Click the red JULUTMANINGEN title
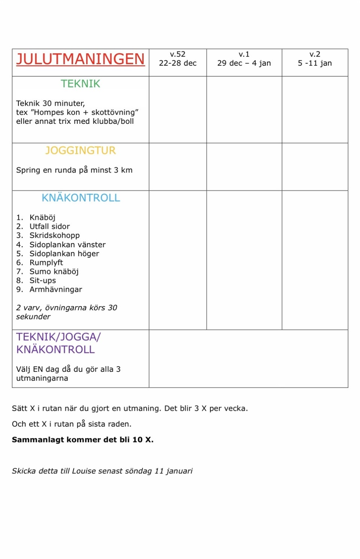tap(80, 59)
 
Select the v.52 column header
tap(177, 54)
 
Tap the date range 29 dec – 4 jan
tap(244, 63)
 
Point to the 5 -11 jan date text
tap(315, 63)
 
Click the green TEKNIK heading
tap(80, 84)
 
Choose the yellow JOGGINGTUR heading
tap(80, 151)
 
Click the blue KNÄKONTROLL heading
tap(81, 198)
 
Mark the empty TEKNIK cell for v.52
tap(177, 109)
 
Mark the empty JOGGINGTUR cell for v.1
tap(244, 167)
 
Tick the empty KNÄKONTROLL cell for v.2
tap(315, 260)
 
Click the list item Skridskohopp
tap(54, 236)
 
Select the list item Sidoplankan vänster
tap(67, 245)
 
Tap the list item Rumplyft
tap(46, 263)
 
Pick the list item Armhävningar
tap(56, 290)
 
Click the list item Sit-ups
tap(42, 281)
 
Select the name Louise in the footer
tap(84, 471)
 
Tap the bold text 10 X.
tap(143, 440)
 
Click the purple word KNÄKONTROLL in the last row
tap(55, 350)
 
